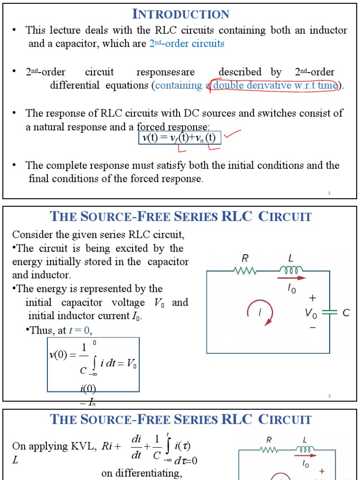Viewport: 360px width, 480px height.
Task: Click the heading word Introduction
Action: (181, 14)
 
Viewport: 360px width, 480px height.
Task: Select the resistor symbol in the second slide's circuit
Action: (244, 270)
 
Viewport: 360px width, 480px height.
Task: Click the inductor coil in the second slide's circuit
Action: (291, 270)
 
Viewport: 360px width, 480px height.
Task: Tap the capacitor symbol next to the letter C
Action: (330, 313)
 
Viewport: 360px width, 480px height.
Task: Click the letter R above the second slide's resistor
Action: (244, 258)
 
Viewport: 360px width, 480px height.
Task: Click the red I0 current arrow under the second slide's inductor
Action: (294, 278)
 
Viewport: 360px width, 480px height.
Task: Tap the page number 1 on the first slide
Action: (330, 193)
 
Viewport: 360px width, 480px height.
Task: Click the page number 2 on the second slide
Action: (330, 396)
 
